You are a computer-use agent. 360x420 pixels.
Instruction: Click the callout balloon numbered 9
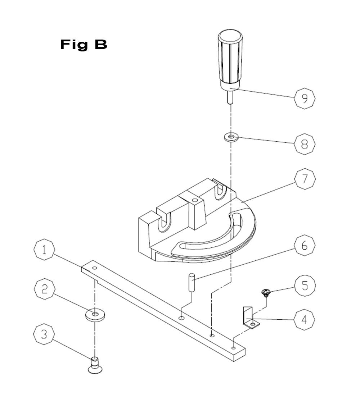click(305, 98)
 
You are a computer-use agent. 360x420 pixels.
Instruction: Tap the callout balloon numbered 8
click(305, 144)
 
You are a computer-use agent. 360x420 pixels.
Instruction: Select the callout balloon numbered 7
click(305, 179)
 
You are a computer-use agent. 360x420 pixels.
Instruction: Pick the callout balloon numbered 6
click(305, 245)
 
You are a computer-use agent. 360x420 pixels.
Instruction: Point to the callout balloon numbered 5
click(305, 285)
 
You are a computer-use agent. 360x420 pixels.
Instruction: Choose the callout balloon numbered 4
click(304, 320)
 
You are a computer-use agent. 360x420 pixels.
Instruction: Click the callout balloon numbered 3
click(44, 334)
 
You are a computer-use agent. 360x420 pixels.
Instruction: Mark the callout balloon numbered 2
click(45, 289)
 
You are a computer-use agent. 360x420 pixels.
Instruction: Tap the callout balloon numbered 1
click(44, 250)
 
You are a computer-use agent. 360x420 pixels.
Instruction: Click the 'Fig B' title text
click(84, 45)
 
